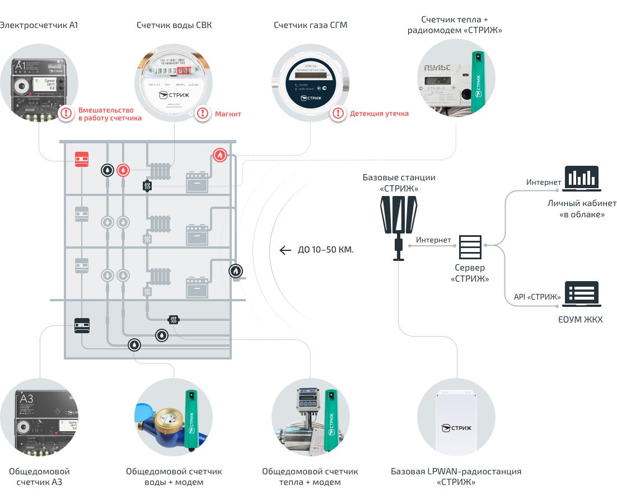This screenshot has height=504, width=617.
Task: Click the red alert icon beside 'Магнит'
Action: click(x=202, y=114)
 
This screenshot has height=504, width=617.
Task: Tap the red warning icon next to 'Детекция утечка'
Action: click(x=338, y=113)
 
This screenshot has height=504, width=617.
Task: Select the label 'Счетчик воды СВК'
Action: click(x=174, y=25)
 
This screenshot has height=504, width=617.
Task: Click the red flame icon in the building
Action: click(x=220, y=155)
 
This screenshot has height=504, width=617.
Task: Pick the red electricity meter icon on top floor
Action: click(x=82, y=159)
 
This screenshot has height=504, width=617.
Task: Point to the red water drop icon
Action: click(x=123, y=170)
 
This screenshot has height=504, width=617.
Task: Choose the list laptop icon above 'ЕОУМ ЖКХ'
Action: click(x=581, y=294)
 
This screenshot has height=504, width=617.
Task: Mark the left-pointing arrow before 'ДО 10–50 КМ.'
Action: click(x=286, y=250)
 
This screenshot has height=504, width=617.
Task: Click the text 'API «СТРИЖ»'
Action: click(x=537, y=297)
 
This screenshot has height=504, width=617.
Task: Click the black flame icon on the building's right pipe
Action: click(x=236, y=272)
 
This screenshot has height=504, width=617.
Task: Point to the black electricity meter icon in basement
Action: click(x=82, y=324)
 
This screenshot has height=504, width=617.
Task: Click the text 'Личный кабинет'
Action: click(x=582, y=203)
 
